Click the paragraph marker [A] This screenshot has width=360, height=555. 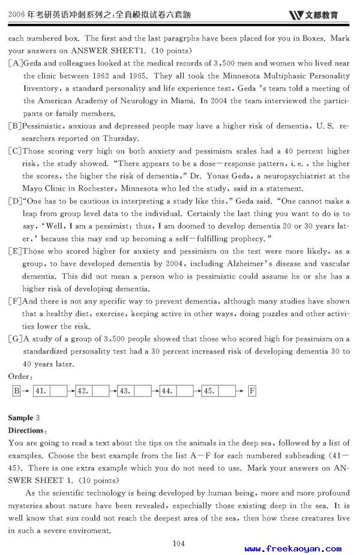tap(16, 62)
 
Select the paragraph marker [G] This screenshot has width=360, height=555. tap(16, 339)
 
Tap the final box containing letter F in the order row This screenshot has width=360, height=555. tap(252, 391)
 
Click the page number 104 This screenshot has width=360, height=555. tap(178, 543)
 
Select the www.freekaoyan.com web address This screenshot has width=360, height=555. tap(293, 548)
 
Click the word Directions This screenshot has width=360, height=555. tap(26, 431)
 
